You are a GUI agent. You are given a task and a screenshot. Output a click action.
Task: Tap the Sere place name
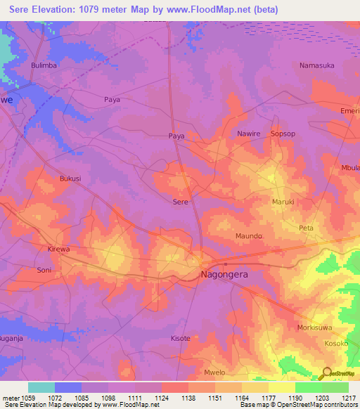tap(181, 201)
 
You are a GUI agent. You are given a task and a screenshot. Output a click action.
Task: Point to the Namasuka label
tap(316, 65)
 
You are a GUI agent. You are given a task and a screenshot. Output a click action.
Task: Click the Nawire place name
tap(248, 134)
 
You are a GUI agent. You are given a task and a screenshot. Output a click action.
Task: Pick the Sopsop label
tap(283, 134)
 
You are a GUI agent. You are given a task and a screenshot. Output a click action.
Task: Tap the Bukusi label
tap(70, 178)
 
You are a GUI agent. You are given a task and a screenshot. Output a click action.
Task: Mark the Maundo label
tap(249, 236)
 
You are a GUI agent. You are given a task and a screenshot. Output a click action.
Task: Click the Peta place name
tap(306, 228)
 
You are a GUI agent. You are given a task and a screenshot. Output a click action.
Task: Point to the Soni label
tap(44, 270)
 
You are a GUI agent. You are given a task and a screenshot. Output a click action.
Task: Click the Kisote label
tap(181, 338)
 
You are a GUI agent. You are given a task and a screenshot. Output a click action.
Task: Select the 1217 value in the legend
tap(348, 398)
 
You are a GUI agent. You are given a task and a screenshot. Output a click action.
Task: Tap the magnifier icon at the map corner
tap(326, 372)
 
